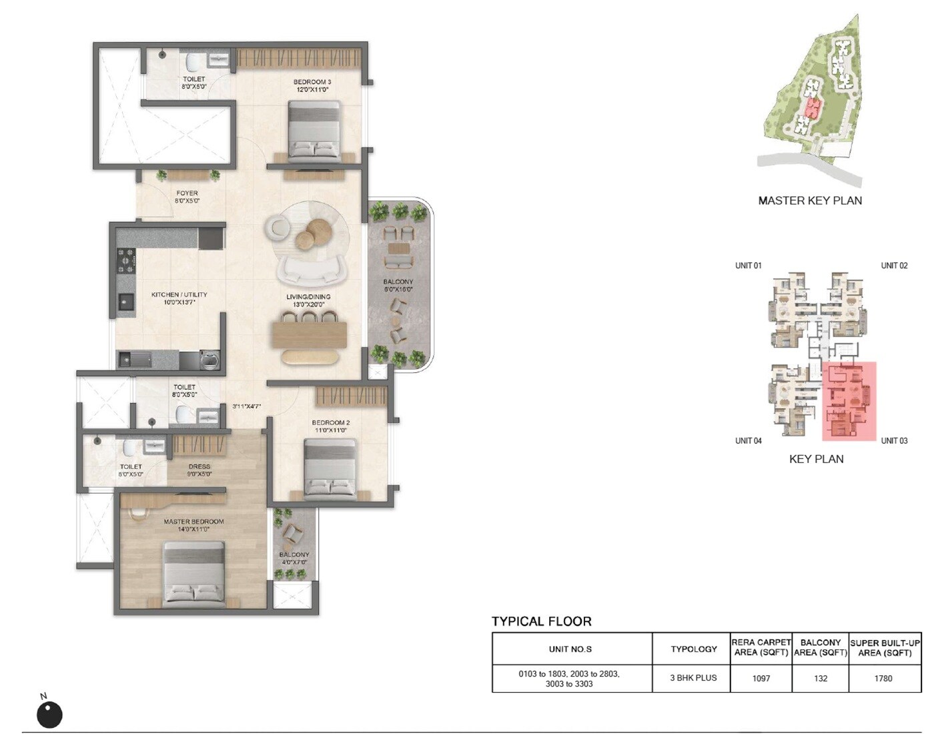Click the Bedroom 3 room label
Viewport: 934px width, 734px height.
(x=312, y=85)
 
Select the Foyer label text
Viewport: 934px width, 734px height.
(x=187, y=197)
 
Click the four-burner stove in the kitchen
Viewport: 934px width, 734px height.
(x=126, y=261)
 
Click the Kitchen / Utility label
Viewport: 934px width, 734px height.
(x=179, y=298)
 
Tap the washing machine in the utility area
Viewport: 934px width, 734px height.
(x=209, y=360)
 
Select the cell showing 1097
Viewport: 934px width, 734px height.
(x=761, y=678)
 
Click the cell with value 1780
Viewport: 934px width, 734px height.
(x=883, y=678)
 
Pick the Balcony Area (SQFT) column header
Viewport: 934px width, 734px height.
(x=820, y=647)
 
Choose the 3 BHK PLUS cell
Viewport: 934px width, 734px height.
(x=693, y=678)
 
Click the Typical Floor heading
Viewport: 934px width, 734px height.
(x=541, y=621)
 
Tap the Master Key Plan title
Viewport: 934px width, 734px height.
(x=809, y=200)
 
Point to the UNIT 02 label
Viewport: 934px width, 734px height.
(x=894, y=266)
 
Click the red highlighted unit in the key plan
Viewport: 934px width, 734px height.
(x=849, y=400)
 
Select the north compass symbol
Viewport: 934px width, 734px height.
(x=49, y=713)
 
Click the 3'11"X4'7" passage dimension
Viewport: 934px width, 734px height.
(x=246, y=406)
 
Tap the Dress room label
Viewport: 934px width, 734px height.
(x=199, y=470)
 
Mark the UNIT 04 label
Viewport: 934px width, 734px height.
(x=748, y=440)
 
